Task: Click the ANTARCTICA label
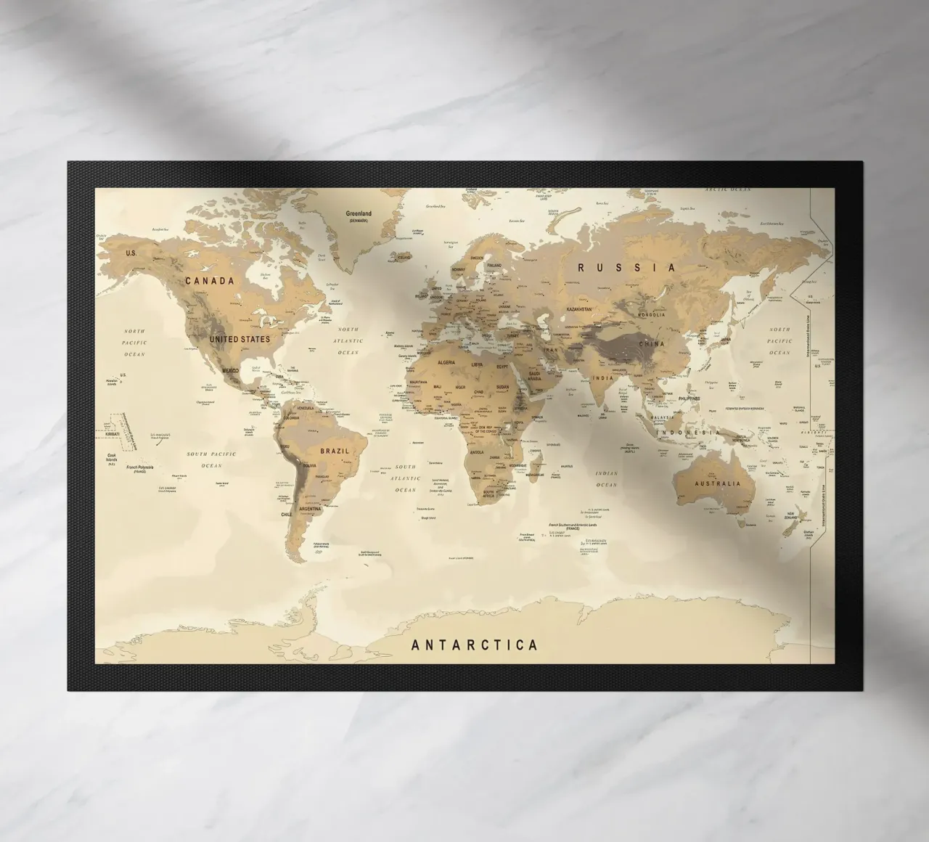(x=475, y=645)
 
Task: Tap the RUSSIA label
(x=627, y=267)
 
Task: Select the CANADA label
(x=209, y=280)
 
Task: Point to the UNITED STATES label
(x=240, y=339)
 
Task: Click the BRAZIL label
(x=335, y=451)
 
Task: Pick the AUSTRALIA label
(x=718, y=483)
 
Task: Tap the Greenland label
(x=359, y=214)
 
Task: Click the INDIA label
(x=602, y=378)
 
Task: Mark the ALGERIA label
(x=446, y=361)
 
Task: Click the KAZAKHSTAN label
(x=576, y=309)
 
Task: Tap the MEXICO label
(x=231, y=371)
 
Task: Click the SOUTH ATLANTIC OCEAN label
(x=406, y=478)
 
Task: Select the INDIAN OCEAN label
(x=607, y=478)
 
